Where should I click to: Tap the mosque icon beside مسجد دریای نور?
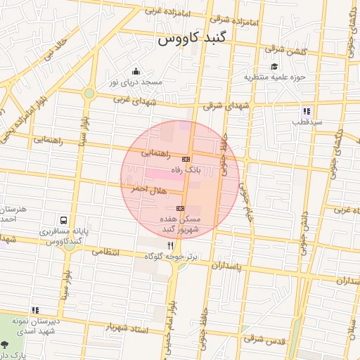point(136,71)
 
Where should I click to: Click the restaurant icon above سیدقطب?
point(307,111)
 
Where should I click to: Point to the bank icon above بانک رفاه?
point(186,159)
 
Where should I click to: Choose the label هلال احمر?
point(148,190)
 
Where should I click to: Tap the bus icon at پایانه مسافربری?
point(64,220)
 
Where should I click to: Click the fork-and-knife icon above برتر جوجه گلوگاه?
point(170,246)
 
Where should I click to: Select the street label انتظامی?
point(106,251)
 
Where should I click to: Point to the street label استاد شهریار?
point(128,328)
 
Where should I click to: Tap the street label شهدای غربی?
point(131,100)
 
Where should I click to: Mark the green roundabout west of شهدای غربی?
point(89,93)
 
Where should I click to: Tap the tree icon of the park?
point(6,345)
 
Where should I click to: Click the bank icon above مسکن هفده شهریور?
point(181,208)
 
